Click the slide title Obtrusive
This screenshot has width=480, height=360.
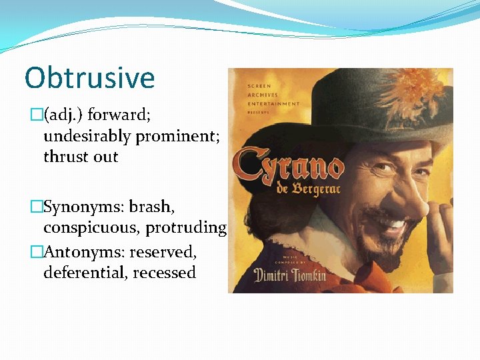coord(89,78)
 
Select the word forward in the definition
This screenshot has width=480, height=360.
coord(119,115)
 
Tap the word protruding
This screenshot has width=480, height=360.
coord(186,228)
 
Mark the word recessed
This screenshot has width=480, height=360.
coord(164,273)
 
